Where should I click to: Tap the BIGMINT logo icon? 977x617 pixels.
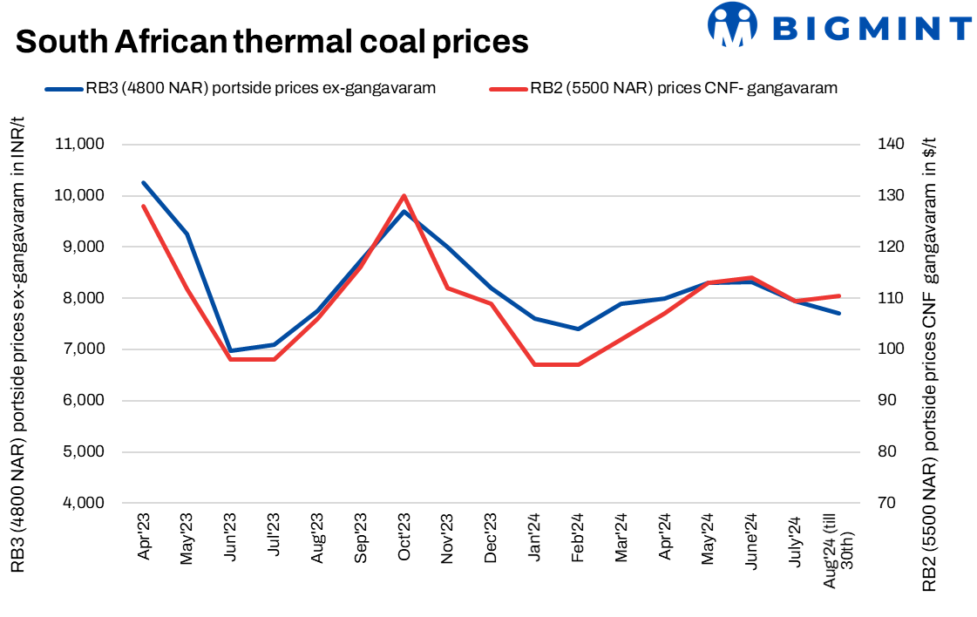[731, 24]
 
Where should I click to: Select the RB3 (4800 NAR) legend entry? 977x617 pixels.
[241, 87]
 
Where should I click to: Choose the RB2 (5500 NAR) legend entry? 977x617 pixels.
[662, 87]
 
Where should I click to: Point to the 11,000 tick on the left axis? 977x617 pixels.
[81, 145]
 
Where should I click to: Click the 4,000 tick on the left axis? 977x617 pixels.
[84, 504]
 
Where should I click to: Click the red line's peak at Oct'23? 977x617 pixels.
[404, 196]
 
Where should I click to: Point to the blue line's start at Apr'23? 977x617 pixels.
[143, 183]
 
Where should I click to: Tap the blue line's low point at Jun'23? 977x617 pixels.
[229, 351]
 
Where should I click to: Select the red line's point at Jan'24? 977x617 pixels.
[534, 364]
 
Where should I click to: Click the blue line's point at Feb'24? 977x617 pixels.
[578, 329]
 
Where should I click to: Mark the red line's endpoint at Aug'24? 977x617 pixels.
[838, 295]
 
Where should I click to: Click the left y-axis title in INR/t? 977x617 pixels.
[20, 345]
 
